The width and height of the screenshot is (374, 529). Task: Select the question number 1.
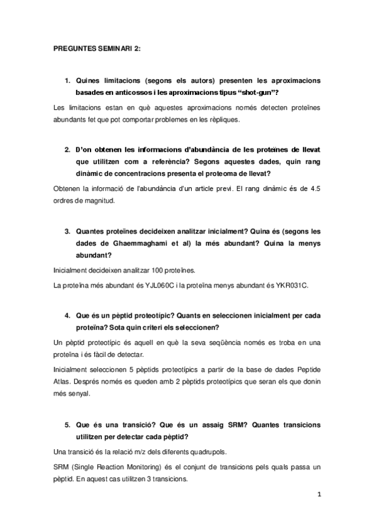[67, 80]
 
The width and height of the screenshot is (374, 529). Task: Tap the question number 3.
[67, 230]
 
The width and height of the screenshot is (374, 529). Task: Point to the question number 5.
[67, 424]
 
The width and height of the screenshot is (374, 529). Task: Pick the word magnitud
[97, 201]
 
